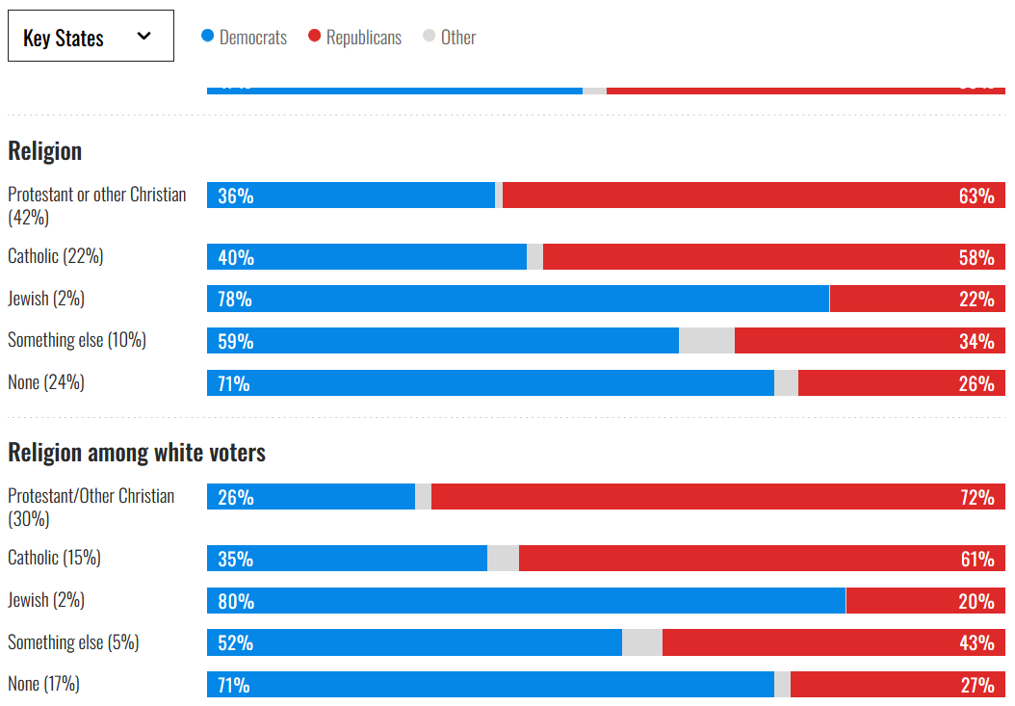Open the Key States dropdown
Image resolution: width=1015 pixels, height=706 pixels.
pos(91,37)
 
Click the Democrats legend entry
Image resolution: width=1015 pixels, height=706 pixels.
pos(245,38)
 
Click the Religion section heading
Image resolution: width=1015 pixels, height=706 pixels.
pos(45,151)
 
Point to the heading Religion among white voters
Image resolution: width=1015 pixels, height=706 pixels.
pos(137,453)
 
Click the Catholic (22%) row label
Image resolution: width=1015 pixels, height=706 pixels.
pos(56,256)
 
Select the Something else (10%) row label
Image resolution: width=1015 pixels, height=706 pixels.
pos(77,340)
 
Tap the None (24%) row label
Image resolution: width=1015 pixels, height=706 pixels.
pos(46,382)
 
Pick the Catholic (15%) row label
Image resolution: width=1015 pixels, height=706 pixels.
pos(54,558)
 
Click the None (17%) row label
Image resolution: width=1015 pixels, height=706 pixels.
pos(44,684)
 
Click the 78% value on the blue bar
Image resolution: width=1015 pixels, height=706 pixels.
pos(235,300)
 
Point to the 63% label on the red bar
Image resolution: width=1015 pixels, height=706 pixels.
pos(976,196)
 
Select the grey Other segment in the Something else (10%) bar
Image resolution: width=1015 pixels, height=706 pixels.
pos(707,341)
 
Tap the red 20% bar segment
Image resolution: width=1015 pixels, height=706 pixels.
pos(925,600)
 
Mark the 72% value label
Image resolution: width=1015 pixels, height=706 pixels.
pos(976,498)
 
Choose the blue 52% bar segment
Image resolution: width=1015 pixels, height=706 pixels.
pos(414,642)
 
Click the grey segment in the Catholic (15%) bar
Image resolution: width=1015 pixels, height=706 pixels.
pos(503,559)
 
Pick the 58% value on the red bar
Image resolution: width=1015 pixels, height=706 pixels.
pos(976,258)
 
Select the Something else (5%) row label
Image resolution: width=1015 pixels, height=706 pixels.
pos(73,642)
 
